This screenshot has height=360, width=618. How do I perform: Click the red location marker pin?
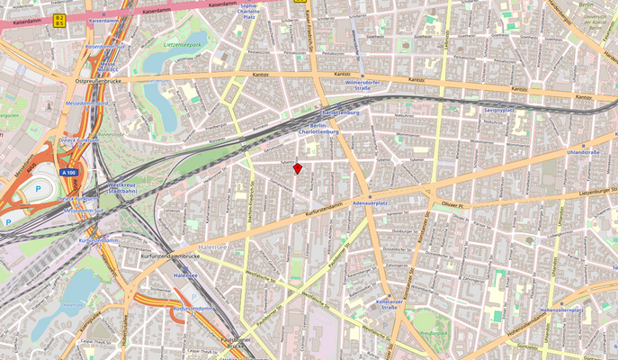point(297,167)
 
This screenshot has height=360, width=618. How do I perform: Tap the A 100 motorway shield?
point(68,171)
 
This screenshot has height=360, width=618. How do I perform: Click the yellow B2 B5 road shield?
point(59,19)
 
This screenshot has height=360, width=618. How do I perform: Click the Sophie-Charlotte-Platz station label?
point(249,10)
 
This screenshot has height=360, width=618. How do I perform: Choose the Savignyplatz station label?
point(498,109)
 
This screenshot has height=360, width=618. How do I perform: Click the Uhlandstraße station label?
point(583,153)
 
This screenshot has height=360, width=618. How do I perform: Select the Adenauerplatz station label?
point(370,204)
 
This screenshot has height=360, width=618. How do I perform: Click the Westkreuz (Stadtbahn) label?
point(124,188)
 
